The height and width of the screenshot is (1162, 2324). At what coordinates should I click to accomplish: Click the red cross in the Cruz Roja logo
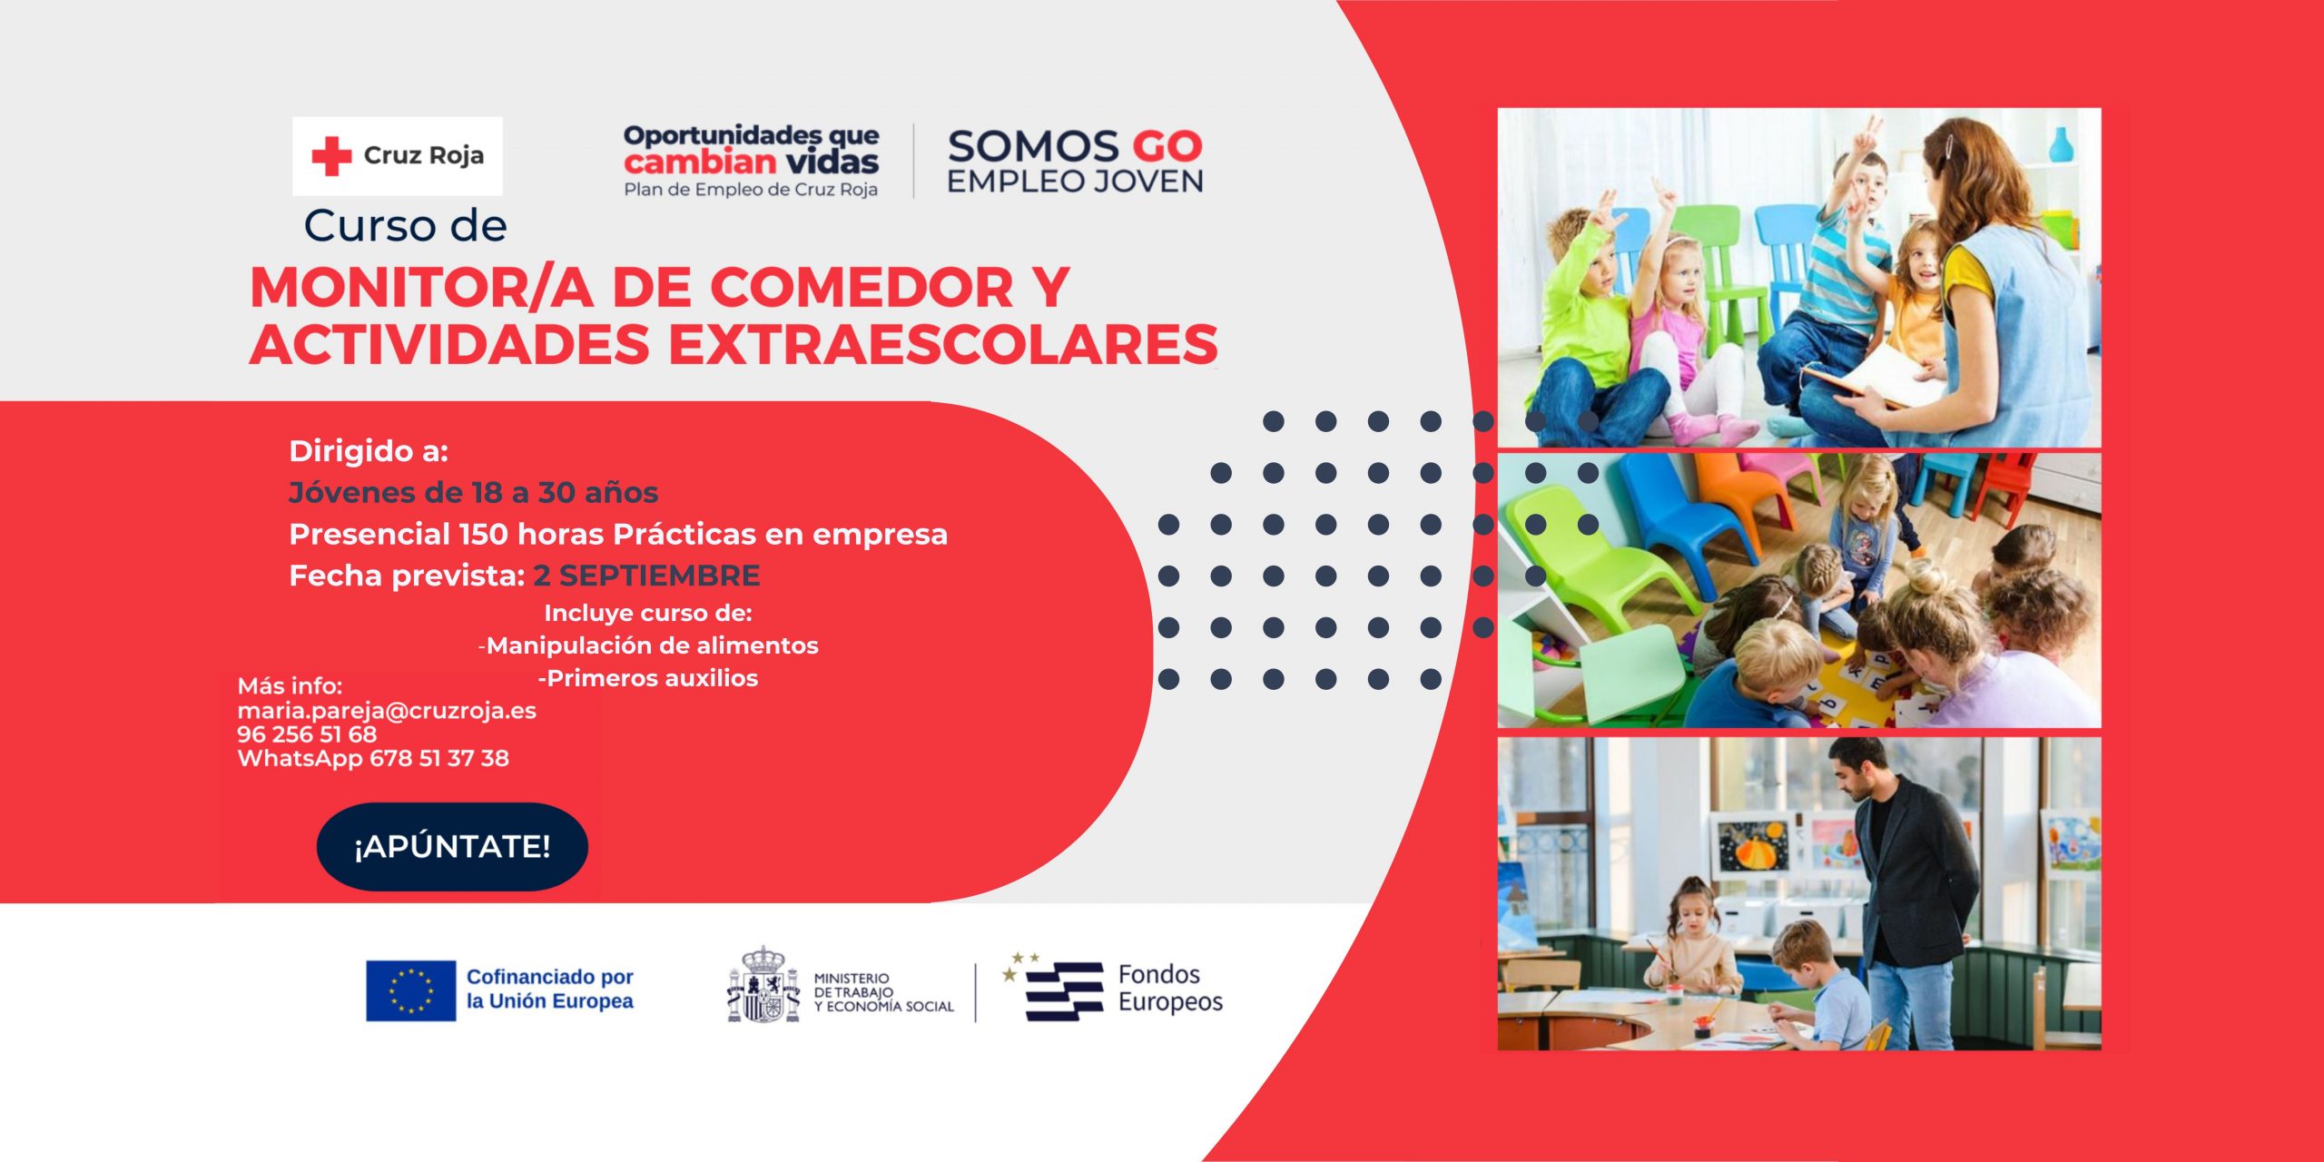(331, 156)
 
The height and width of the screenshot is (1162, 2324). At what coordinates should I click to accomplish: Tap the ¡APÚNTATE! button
(452, 846)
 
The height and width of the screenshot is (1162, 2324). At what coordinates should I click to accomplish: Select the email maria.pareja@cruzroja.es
(387, 711)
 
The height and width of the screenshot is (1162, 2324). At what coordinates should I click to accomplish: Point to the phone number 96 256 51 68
(307, 734)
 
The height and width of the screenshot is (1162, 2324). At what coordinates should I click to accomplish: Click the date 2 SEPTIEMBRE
(646, 576)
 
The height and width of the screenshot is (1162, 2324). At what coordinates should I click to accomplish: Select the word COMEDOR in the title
(862, 288)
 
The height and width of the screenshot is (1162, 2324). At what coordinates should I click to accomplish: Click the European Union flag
(410, 990)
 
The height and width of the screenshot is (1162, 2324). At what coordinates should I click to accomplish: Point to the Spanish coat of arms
(763, 985)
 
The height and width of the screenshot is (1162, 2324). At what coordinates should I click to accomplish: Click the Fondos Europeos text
(1170, 989)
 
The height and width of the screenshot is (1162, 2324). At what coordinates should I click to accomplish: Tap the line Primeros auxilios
(648, 678)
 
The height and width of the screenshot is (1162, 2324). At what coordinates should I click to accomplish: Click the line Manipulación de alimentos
(649, 645)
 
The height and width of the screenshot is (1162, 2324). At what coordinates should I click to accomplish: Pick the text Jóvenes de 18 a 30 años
(473, 493)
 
